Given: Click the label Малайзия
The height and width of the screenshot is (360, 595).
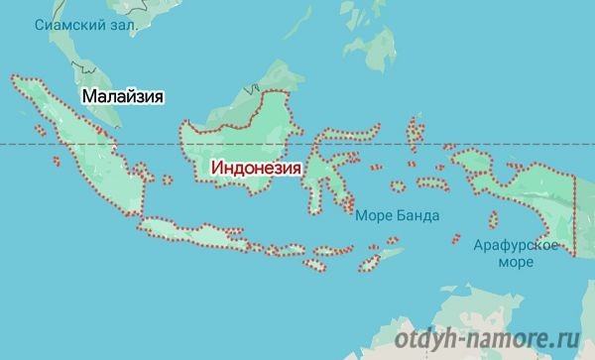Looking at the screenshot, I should click(x=122, y=96).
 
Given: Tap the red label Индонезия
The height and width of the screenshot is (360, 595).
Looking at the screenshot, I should click(x=256, y=169).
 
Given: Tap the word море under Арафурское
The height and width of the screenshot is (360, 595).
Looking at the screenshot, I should click(x=516, y=263).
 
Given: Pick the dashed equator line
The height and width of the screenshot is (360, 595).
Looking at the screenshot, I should click(x=416, y=145).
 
